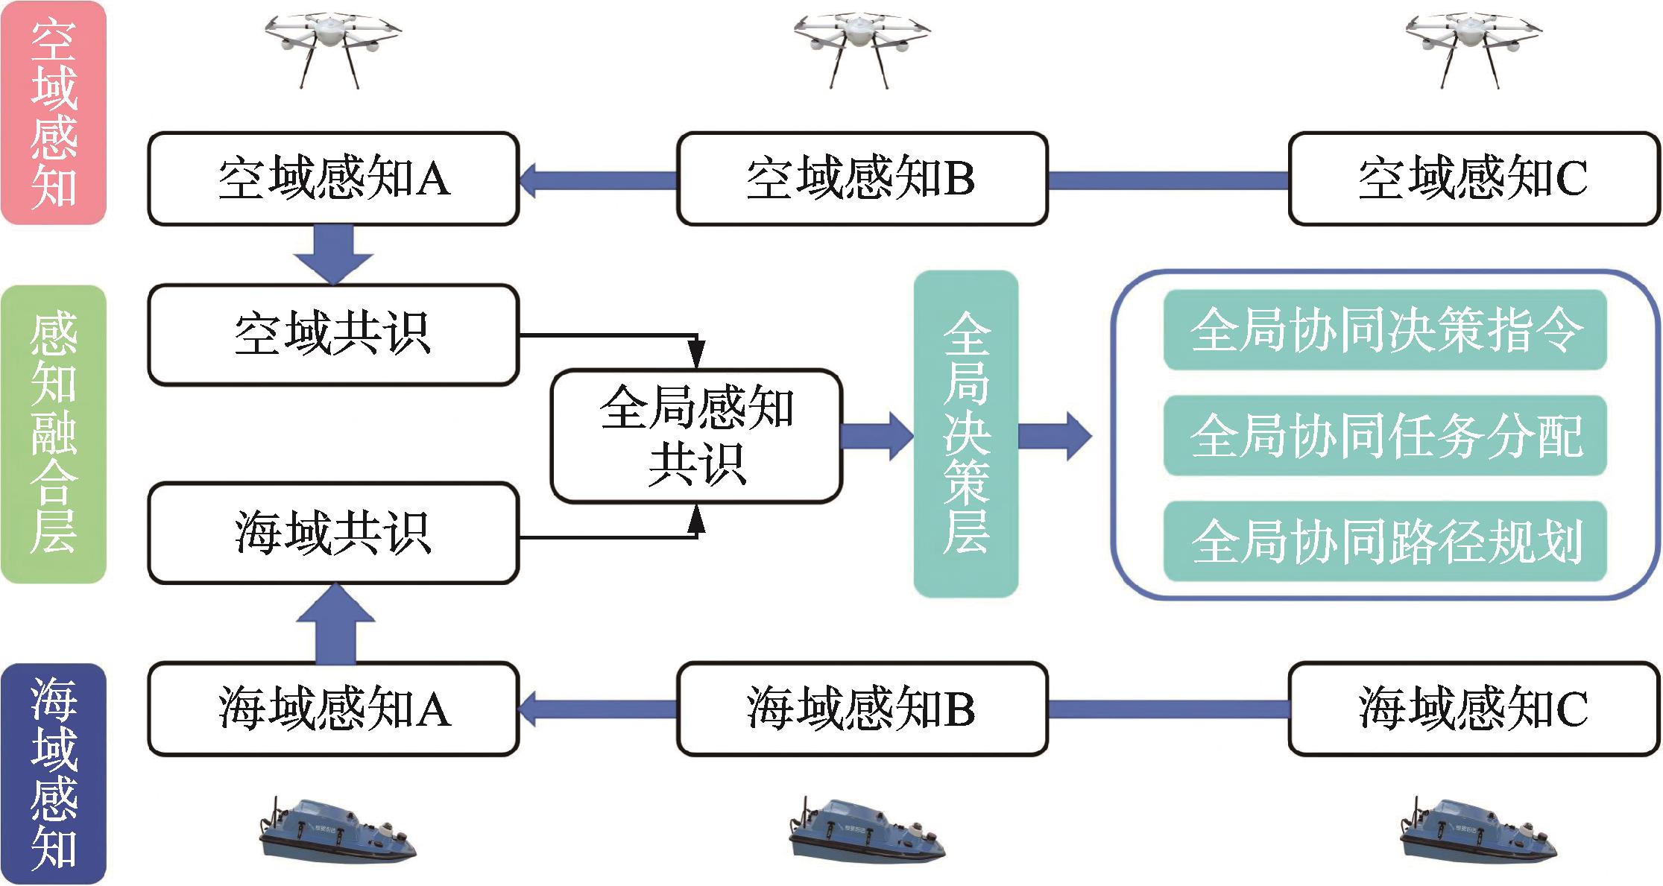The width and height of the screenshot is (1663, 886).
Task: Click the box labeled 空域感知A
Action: (x=333, y=179)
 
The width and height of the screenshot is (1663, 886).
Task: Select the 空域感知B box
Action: (x=862, y=179)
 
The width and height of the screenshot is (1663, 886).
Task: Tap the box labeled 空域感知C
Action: (x=1474, y=179)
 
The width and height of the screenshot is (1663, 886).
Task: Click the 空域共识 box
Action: (x=333, y=335)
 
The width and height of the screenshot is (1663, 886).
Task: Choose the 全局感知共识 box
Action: (x=696, y=436)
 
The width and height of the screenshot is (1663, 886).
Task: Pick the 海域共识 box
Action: (x=333, y=534)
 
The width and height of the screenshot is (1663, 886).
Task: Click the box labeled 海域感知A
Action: (x=333, y=709)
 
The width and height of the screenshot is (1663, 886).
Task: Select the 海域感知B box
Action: (x=862, y=709)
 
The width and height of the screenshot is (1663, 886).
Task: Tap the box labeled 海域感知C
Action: (x=1474, y=709)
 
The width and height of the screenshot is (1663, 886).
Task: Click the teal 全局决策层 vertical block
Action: (x=965, y=434)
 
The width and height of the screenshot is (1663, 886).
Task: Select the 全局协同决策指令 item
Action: (x=1384, y=330)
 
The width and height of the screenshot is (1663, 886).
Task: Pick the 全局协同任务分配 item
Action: (x=1384, y=436)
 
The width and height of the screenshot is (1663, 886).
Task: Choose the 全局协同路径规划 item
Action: (x=1384, y=542)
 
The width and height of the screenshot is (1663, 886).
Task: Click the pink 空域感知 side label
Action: (x=54, y=113)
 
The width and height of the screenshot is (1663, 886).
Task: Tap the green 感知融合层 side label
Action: (x=54, y=434)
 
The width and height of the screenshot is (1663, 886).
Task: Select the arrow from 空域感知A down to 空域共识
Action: (x=333, y=254)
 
